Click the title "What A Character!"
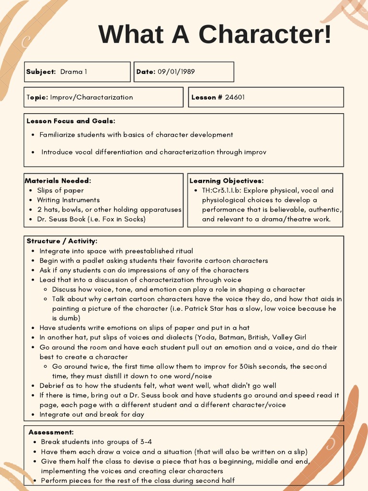215,35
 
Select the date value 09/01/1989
176,72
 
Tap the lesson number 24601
235,97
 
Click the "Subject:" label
41,72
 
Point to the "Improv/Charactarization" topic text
92,97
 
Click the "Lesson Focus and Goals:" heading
71,121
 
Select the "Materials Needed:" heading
58,181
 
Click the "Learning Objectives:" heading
227,181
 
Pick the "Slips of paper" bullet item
60,190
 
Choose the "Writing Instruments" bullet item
69,200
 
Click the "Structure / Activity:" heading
62,241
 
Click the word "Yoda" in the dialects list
206,338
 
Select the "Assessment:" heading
51,433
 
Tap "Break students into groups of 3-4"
96,442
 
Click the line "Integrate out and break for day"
92,414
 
